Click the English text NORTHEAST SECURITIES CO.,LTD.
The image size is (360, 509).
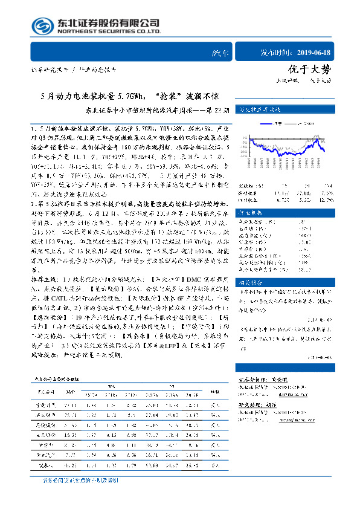[x=109, y=31]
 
